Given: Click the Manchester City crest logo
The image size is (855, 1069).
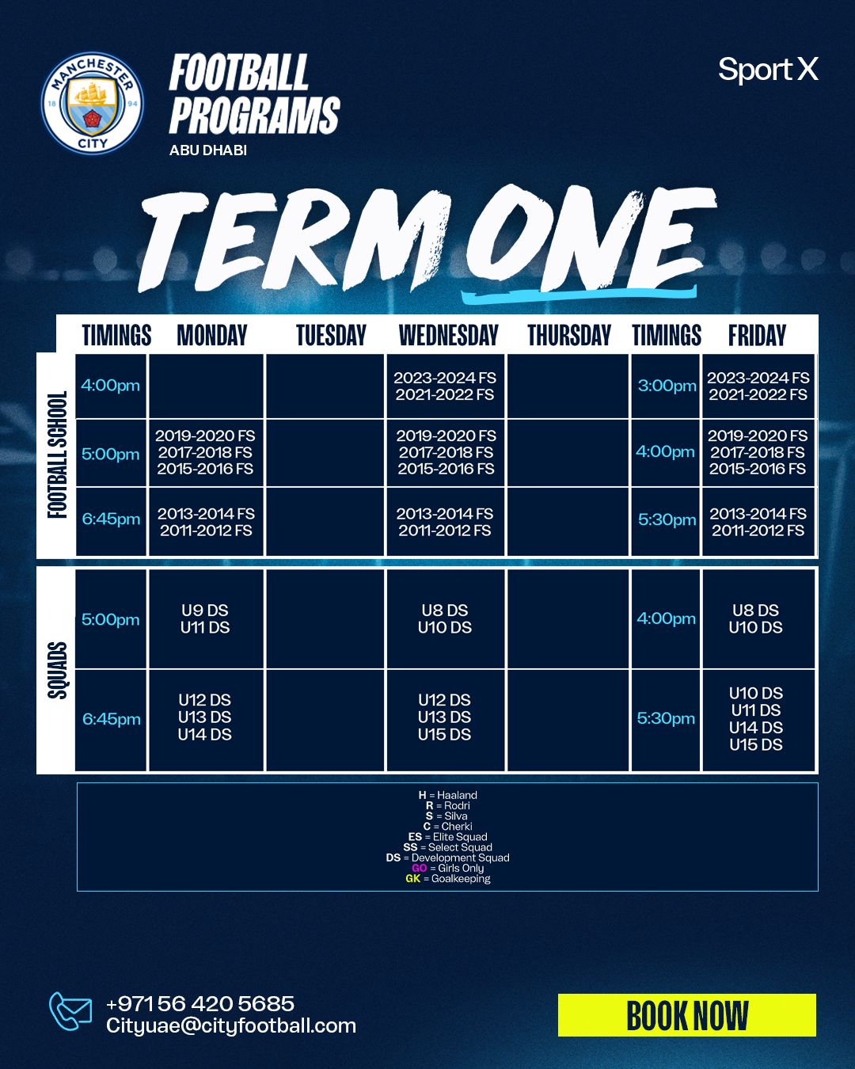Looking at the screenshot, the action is pos(93,103).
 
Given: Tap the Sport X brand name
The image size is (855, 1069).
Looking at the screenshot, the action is pos(768,70).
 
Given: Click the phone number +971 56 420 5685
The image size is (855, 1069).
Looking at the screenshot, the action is pos(200,1003).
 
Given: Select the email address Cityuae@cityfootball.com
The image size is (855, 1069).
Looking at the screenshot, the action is pos(231,1026).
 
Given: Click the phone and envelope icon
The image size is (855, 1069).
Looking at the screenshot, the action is pos(70,1011).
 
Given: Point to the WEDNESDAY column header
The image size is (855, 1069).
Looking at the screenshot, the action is pos(448,335).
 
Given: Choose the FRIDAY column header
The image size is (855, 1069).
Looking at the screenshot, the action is pos(757,335).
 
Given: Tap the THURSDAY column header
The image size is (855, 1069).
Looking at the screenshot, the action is pos(569,335).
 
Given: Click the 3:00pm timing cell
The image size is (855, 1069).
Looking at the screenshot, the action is pos(666,386).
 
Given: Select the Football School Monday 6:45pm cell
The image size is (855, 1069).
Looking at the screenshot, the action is pos(206,522).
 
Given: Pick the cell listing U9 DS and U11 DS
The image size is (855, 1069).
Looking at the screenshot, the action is pos(206,619).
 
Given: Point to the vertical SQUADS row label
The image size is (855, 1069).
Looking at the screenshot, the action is pos(57,670).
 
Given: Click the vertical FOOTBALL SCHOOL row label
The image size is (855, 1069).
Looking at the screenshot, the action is pos(57,455).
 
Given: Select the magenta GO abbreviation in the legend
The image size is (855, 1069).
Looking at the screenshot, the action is pos(420,868).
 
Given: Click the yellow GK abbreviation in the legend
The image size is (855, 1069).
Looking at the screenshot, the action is pos(412,878).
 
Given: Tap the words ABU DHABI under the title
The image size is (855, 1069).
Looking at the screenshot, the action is pos(208,150).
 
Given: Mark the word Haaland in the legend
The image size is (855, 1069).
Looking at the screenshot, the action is pos(457,795).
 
